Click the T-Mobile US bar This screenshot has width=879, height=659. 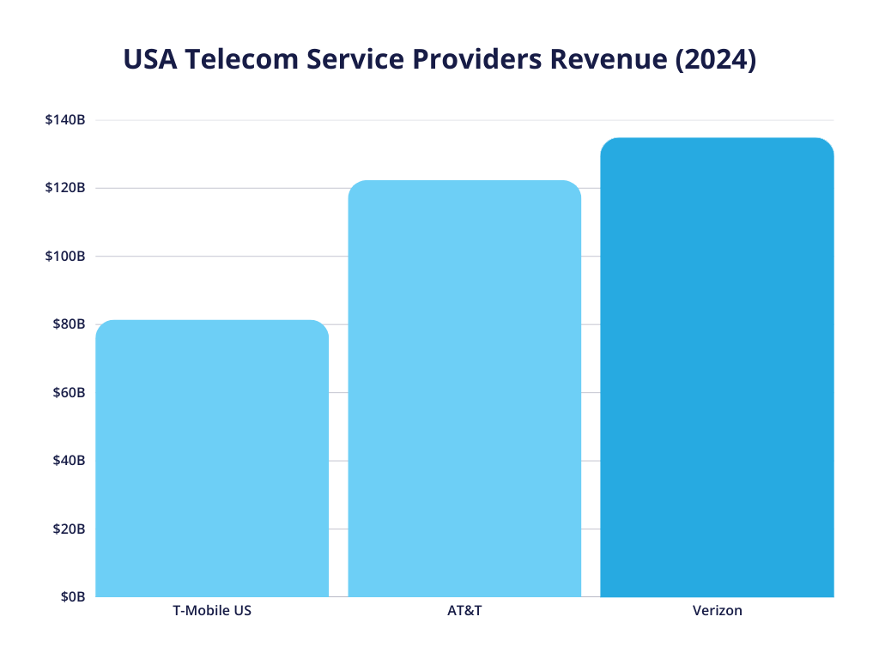212,459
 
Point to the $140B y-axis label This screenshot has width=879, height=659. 65,120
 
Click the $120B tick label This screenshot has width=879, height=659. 65,188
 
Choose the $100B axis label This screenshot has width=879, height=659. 65,256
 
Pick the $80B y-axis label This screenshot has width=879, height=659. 69,324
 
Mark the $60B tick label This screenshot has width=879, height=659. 69,392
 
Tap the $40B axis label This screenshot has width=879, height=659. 69,461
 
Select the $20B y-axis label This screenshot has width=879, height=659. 69,529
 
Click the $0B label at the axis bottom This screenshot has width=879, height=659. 72,596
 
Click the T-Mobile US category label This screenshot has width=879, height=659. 212,612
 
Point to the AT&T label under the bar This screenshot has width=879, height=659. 464,612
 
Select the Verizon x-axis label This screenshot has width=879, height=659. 717,612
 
